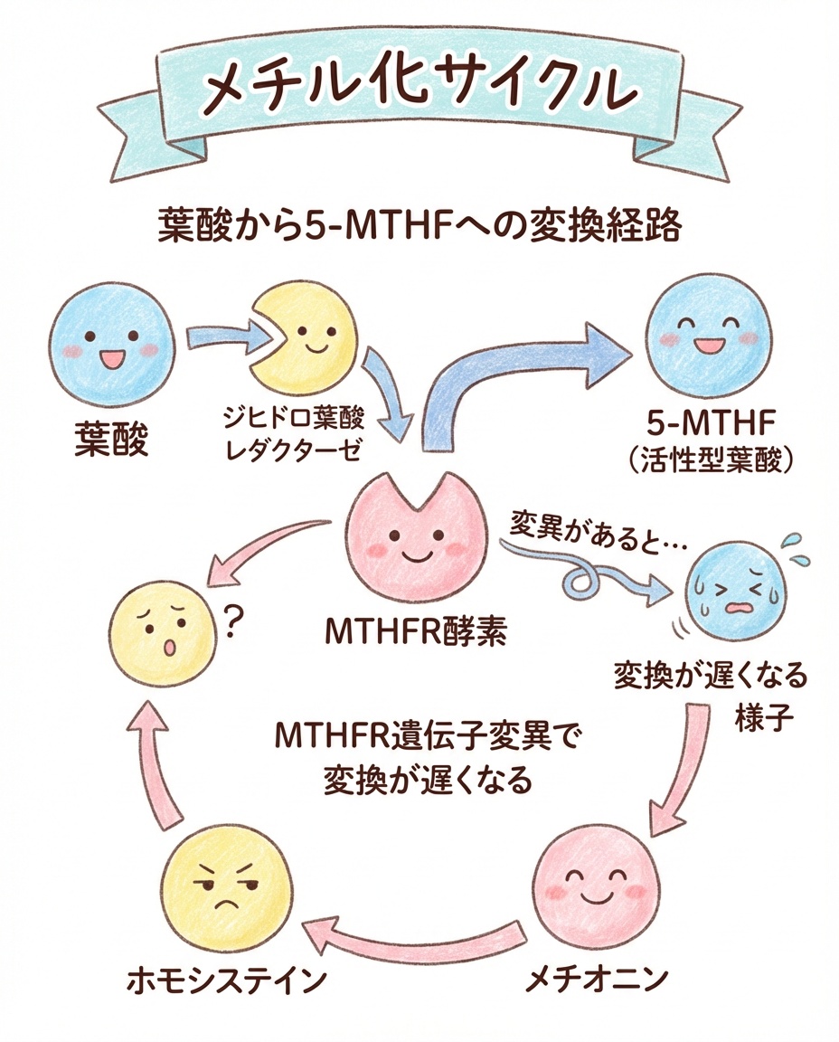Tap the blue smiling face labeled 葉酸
click(108, 343)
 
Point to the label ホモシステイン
click(226, 980)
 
